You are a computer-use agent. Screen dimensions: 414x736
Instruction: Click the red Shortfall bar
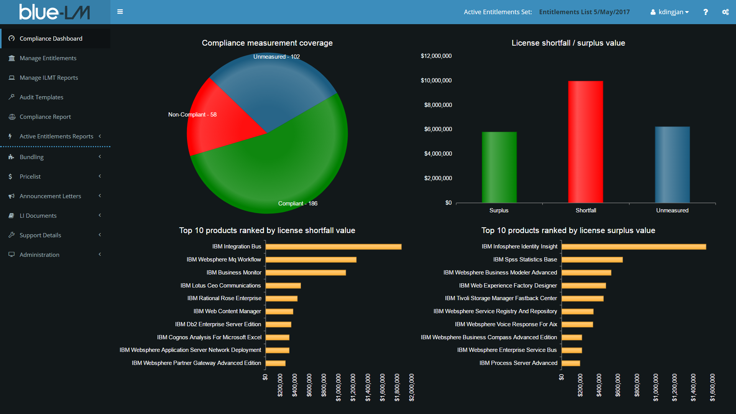585,142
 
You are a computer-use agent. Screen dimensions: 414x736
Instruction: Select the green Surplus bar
499,167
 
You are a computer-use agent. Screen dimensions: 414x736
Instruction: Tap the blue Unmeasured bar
672,165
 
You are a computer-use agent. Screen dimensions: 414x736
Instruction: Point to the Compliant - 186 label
298,204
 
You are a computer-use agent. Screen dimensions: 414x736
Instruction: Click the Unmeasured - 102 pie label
276,57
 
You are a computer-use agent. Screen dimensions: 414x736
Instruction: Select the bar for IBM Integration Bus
333,247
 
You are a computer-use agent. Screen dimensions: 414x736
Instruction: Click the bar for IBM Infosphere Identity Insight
633,247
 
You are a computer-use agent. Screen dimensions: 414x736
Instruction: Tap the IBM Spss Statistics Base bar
592,260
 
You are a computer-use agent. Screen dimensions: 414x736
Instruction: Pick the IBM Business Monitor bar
306,273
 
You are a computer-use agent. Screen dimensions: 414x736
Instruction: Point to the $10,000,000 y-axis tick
436,80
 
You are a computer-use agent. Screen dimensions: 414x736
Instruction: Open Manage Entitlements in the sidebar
48,58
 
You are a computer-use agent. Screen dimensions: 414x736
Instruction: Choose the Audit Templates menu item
41,97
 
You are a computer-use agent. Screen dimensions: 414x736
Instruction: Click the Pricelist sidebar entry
30,177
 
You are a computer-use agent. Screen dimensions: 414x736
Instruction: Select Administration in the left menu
39,255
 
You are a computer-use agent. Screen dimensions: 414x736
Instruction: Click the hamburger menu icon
120,12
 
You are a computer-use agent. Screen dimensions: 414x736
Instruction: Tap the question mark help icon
705,12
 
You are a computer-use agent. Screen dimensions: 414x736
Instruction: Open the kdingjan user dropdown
670,12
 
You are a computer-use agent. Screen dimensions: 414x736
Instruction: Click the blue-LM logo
54,12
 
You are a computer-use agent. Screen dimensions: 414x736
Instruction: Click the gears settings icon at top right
725,12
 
